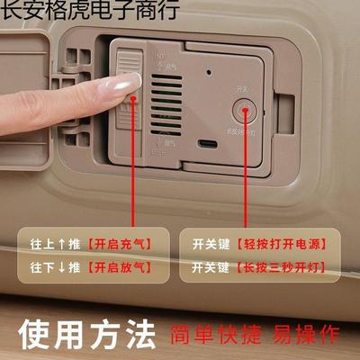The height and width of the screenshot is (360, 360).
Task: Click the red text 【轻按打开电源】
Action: pyautogui.click(x=287, y=244)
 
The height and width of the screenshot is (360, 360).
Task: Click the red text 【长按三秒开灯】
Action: pyautogui.click(x=287, y=267)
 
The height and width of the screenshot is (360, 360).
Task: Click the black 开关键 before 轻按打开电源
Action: pyautogui.click(x=212, y=244)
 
